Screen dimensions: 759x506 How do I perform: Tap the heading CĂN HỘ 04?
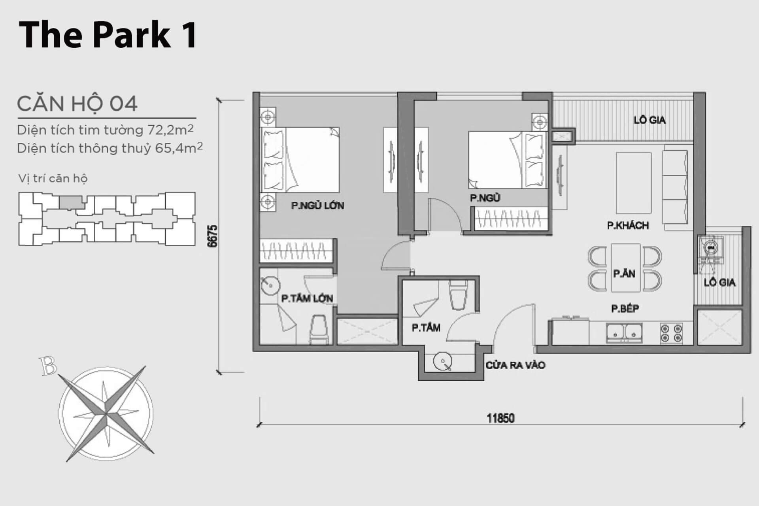77,104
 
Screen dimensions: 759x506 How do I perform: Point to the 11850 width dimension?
500,418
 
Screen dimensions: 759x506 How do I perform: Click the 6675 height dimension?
213,236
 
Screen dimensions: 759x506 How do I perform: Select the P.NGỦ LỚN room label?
317,206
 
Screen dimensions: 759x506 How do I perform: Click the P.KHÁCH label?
628,225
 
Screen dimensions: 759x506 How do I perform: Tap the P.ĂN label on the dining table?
624,273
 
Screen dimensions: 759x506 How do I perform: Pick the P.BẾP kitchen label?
625,308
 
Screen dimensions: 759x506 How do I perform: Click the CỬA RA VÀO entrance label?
515,365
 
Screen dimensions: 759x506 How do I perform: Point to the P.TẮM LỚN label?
307,298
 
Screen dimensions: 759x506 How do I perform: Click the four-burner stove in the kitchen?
672,332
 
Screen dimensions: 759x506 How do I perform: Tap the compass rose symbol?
106,413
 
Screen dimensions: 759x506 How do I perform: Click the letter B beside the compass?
48,366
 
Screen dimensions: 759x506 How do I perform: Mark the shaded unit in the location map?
71,202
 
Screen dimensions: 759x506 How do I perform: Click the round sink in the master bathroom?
270,285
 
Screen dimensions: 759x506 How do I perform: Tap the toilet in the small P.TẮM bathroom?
459,295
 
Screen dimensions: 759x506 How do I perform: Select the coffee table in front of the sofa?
634,183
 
